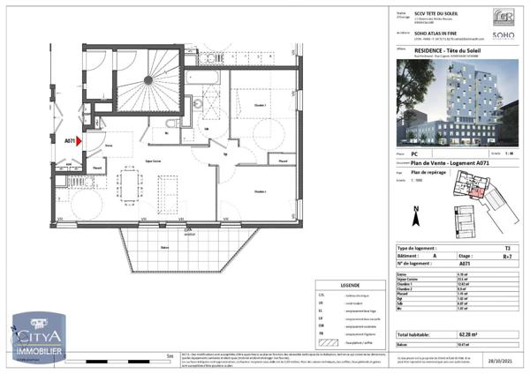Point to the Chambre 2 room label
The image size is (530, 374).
click(262, 192)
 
